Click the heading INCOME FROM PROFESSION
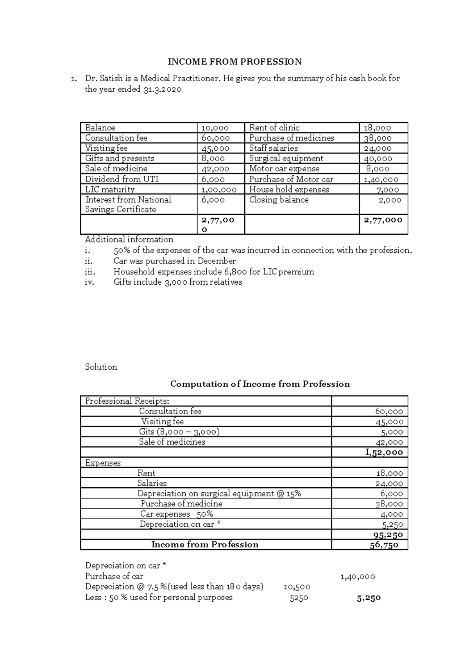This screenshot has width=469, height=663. pos(234,62)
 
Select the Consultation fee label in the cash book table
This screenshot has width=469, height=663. pos(116,138)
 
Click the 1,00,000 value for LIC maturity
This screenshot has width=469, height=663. pos(219,190)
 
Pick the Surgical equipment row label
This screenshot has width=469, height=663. pos(286,159)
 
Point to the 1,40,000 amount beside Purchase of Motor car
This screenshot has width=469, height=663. pos(381,180)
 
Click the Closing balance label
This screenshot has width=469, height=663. pos(279,200)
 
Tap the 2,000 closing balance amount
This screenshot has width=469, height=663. pos(390,200)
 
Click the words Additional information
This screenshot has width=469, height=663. pos(129,239)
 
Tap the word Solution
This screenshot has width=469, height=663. pos(101,367)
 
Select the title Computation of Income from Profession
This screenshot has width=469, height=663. pos(260,384)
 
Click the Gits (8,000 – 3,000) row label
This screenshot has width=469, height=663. pos(179,432)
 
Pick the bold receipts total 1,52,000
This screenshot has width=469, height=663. pos(384,453)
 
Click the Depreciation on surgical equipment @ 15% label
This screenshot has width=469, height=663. pos(219,494)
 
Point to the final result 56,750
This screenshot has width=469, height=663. pos(384,545)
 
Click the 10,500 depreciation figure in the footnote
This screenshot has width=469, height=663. pos(297,587)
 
